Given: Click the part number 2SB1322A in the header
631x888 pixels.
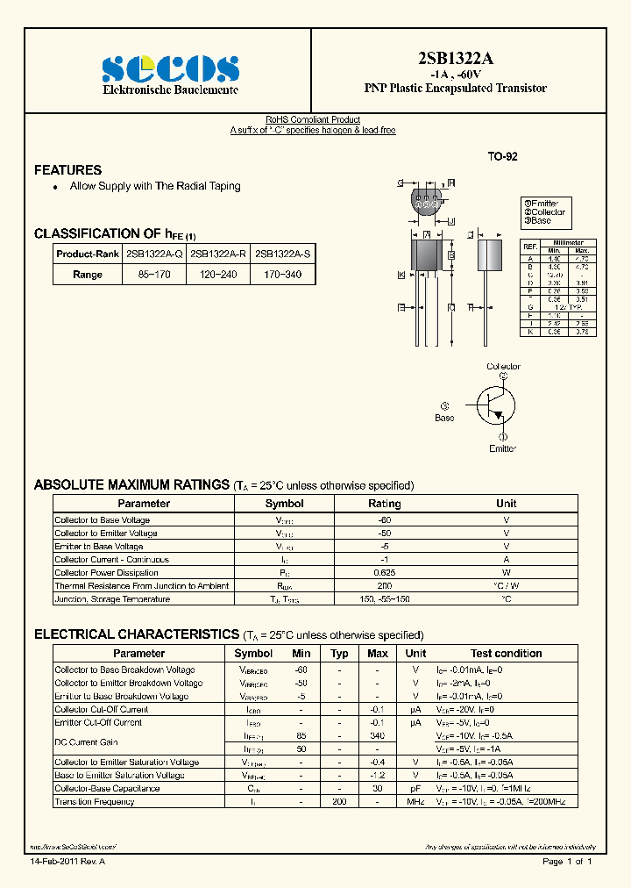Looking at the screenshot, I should pos(455,59).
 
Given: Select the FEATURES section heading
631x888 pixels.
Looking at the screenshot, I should pos(67,170).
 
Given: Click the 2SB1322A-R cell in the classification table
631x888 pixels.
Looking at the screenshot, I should pos(218,254).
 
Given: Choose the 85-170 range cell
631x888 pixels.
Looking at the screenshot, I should pos(154,275).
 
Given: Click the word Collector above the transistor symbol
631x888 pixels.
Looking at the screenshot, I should pos(503,367).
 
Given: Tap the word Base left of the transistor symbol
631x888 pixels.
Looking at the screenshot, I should pos(444,418).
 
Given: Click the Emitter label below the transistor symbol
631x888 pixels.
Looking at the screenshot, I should pos(502,448).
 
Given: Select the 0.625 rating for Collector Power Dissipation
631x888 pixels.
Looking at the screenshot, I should pos(384,572).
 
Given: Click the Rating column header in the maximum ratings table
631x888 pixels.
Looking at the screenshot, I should pos(384,504).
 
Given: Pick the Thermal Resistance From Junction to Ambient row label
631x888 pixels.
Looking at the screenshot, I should pos(130,585).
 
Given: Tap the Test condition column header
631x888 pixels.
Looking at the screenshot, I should pos(506,654).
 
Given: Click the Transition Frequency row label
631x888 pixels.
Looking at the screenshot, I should pos(95,802).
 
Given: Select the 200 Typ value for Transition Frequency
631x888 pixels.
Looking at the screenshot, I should pos(338,802).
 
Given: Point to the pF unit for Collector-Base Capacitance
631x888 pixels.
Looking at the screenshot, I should pos(415,789).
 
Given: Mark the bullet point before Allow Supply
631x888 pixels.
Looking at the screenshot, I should pos(55,187).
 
